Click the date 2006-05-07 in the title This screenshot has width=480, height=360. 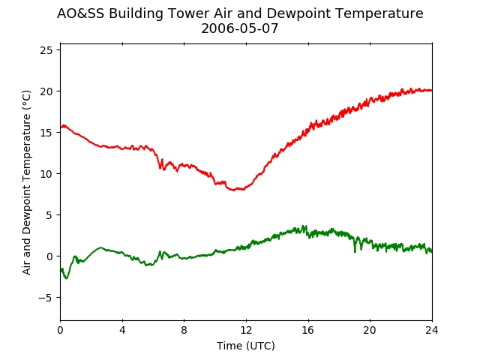pyautogui.click(x=240, y=28)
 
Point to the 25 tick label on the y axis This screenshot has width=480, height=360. pyautogui.click(x=46, y=50)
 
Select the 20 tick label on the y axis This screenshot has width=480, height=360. pyautogui.click(x=46, y=91)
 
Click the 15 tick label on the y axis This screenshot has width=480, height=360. pyautogui.click(x=46, y=133)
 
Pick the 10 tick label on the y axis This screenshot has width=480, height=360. pyautogui.click(x=46, y=174)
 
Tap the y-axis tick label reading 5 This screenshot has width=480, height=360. pyautogui.click(x=49, y=215)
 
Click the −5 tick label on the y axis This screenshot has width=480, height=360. pyautogui.click(x=46, y=298)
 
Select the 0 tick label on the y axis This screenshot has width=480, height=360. pyautogui.click(x=49, y=256)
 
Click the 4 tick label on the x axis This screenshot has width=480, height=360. pyautogui.click(x=122, y=330)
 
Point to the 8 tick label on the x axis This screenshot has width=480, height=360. pyautogui.click(x=184, y=330)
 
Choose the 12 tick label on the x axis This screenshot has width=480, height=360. pyautogui.click(x=246, y=330)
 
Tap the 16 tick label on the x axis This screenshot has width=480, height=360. pyautogui.click(x=308, y=330)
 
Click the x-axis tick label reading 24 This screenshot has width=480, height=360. pyautogui.click(x=432, y=330)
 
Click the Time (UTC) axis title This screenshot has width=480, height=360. pyautogui.click(x=246, y=346)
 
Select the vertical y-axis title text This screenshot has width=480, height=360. pyautogui.click(x=27, y=182)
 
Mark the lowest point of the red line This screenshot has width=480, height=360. pyautogui.click(x=234, y=190)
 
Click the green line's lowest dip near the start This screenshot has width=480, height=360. pyautogui.click(x=67, y=278)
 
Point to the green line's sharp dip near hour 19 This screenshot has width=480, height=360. pyautogui.click(x=355, y=252)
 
